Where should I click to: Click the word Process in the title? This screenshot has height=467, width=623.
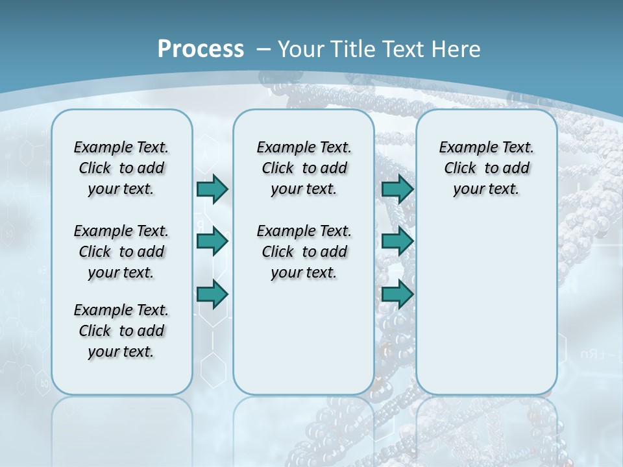coord(201,49)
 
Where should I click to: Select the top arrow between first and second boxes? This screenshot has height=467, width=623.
coord(212,189)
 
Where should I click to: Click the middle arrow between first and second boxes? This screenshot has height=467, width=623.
coord(212,242)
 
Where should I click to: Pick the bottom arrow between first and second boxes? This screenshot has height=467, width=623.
coord(212,294)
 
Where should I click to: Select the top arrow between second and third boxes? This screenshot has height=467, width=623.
coord(397,189)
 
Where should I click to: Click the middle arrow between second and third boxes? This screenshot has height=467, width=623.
coord(397,242)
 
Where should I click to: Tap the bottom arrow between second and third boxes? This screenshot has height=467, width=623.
coord(397,294)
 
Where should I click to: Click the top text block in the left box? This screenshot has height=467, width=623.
coord(121,168)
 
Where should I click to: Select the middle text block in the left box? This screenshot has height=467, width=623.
coord(121,252)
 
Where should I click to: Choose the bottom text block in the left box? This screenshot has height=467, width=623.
coord(121,331)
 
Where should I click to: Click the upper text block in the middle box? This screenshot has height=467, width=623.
coord(304,168)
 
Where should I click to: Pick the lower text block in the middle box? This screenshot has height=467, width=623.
coord(304,252)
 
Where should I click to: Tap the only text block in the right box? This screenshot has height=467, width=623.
coord(486,168)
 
